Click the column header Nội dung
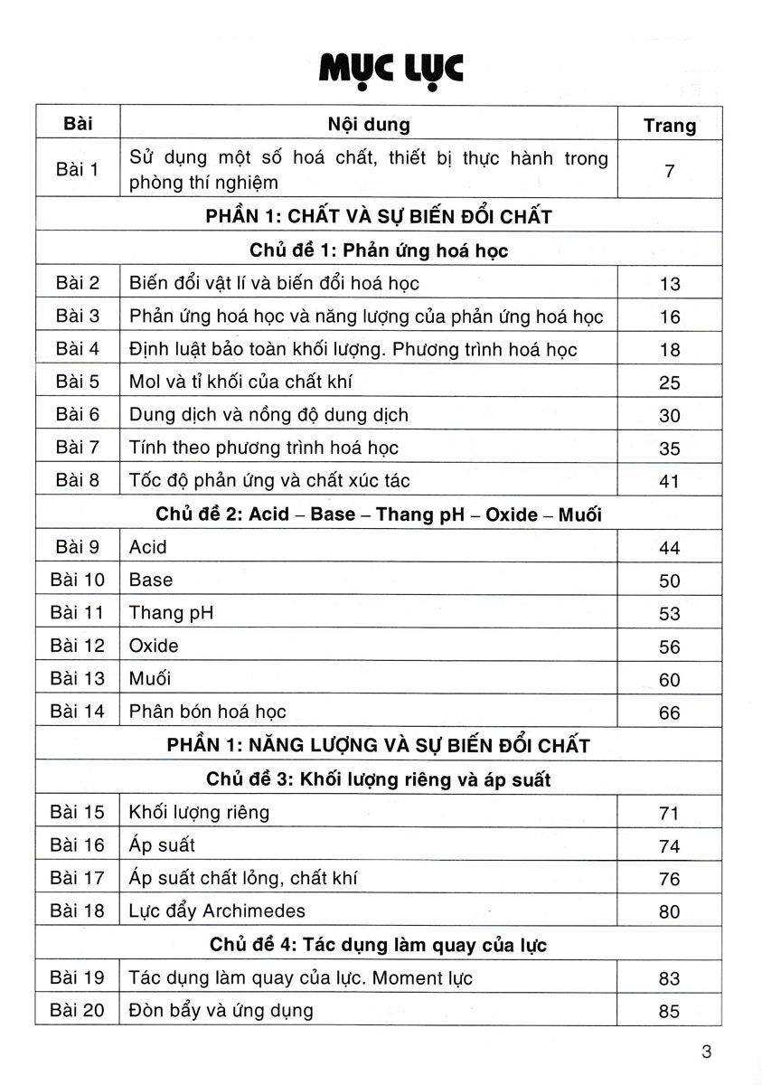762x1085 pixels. click(368, 124)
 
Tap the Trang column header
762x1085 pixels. click(669, 126)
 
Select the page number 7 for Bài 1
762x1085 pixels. click(669, 169)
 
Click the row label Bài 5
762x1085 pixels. click(77, 382)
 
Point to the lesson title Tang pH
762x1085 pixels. click(172, 613)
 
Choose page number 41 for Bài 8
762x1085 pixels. click(669, 481)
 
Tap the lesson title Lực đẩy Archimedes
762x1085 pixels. click(217, 910)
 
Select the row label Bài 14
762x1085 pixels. click(78, 712)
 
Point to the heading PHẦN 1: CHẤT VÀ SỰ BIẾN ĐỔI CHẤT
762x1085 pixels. click(378, 217)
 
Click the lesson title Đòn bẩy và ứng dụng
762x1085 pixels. click(221, 1010)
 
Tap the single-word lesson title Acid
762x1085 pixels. click(148, 547)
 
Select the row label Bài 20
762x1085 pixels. click(78, 1010)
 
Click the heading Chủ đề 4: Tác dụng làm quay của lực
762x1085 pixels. click(378, 945)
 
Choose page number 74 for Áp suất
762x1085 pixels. click(669, 846)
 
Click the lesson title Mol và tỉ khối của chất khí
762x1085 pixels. click(240, 382)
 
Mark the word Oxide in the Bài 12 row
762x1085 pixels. click(154, 646)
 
